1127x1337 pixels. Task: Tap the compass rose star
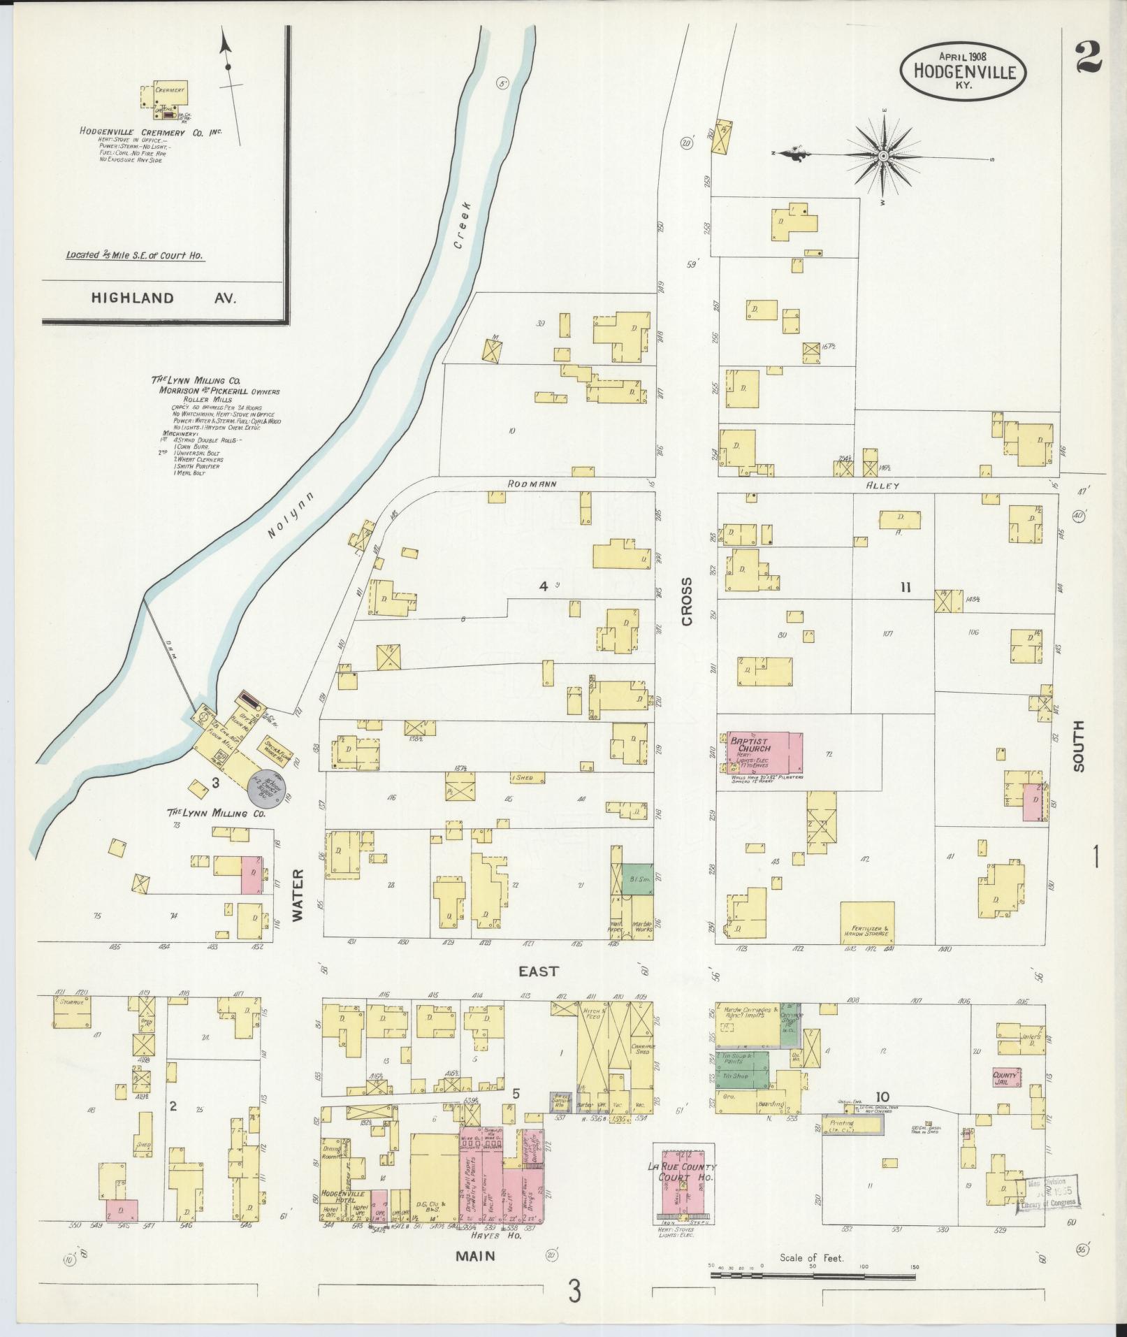point(883,157)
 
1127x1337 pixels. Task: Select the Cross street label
point(688,601)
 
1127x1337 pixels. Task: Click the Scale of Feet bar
point(813,1275)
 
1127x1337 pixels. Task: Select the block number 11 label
point(906,588)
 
